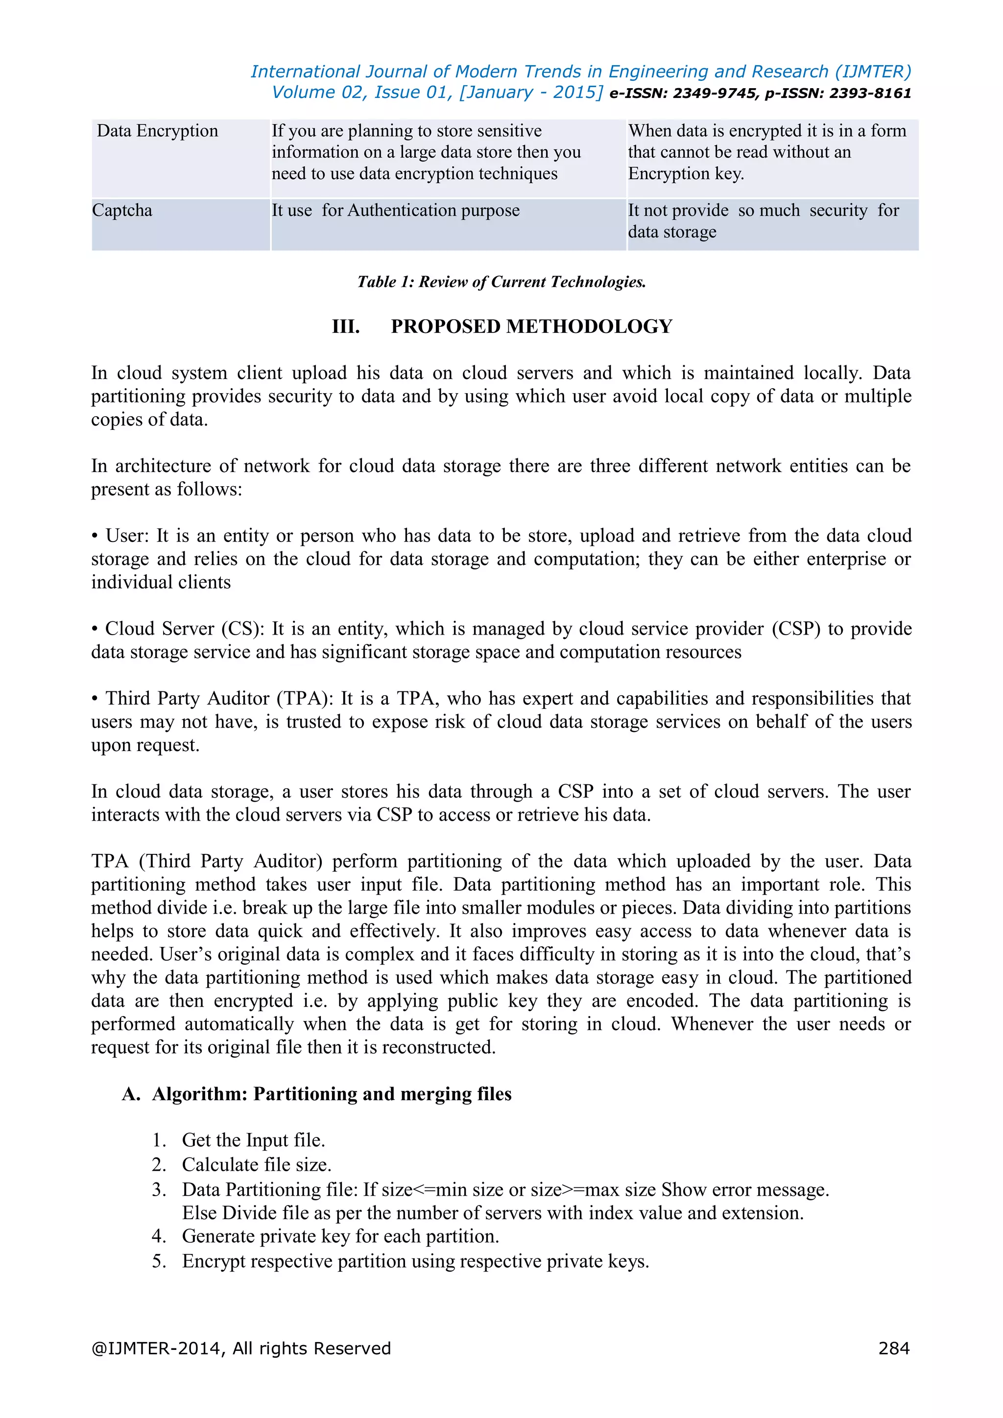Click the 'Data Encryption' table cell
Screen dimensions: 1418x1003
158,131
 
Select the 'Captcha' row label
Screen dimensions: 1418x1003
122,211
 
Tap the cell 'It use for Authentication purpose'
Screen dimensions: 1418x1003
395,211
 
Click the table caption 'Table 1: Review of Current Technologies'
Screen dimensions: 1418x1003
501,282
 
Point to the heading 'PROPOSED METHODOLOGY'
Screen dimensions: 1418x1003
531,327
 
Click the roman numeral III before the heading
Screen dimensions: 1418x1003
345,327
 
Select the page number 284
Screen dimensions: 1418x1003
893,1348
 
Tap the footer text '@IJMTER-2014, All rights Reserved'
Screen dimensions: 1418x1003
241,1348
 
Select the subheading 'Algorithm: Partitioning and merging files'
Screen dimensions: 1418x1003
332,1094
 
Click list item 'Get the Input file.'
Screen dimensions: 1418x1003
253,1140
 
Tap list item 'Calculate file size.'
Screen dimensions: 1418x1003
256,1165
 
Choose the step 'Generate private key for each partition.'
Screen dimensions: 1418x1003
340,1236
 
